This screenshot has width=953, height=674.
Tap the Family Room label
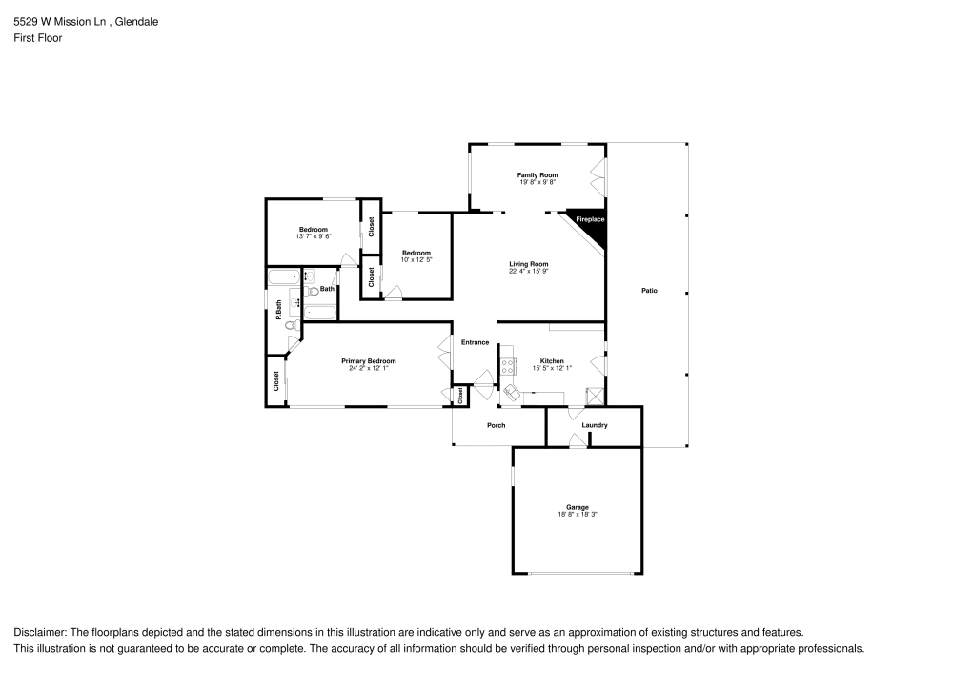click(537, 175)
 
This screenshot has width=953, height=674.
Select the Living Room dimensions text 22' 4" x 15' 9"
click(528, 271)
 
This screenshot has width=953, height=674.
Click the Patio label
click(649, 291)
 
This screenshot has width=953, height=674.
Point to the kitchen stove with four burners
click(509, 365)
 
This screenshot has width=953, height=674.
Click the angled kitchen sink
click(514, 390)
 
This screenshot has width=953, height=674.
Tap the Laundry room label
click(595, 425)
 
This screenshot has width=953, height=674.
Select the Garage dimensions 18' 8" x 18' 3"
click(578, 514)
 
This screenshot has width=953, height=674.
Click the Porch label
click(496, 425)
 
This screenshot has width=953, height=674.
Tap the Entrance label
click(475, 342)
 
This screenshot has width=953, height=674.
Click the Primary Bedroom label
click(369, 361)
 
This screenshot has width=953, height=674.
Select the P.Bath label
click(278, 309)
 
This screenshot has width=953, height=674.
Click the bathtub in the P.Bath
click(284, 279)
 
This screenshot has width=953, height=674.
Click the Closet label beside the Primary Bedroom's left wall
click(276, 381)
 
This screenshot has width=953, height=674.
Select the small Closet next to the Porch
click(460, 396)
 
